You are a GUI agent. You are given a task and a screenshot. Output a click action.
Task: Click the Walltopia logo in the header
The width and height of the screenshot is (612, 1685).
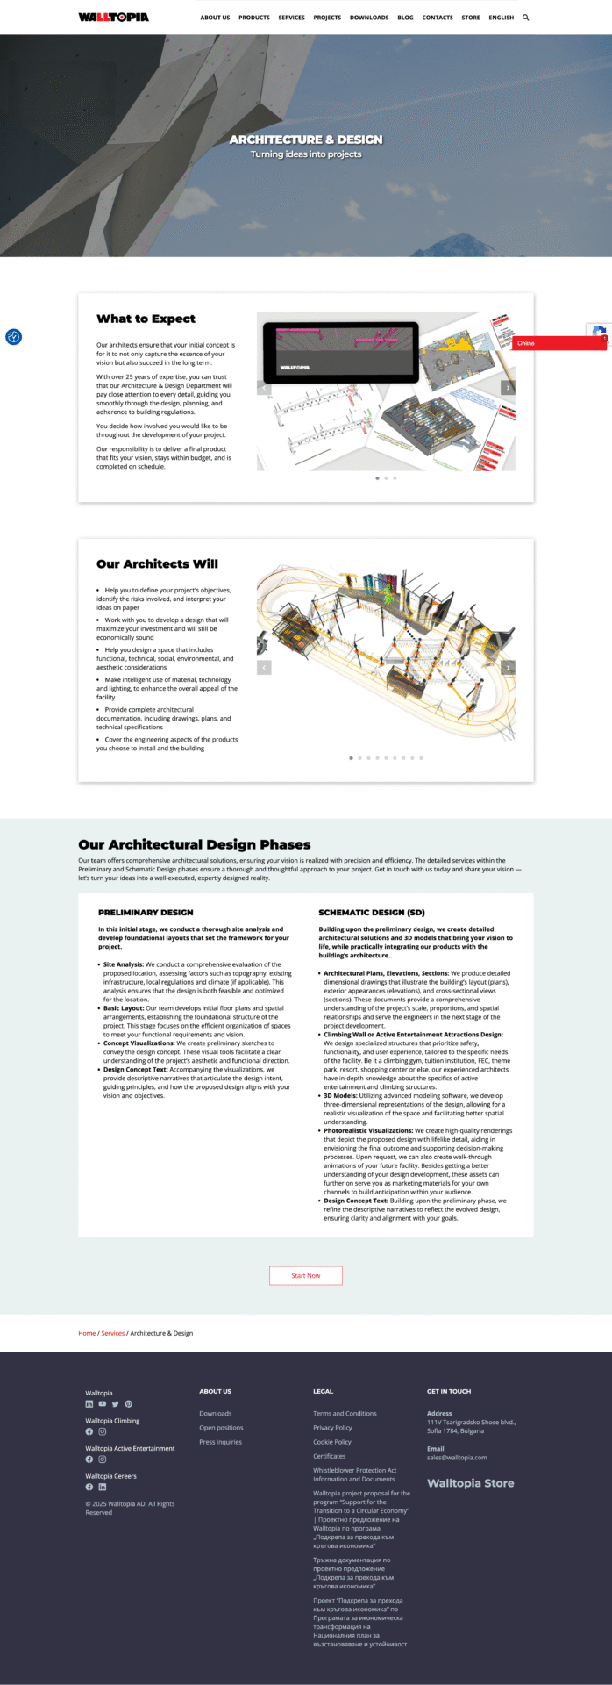113,17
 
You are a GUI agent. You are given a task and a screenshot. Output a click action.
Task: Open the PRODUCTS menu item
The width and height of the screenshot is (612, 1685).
254,18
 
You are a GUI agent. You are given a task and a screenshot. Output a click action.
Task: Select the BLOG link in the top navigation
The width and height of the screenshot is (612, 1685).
405,18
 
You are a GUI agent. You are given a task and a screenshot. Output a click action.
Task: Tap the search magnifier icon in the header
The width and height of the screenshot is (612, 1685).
526,18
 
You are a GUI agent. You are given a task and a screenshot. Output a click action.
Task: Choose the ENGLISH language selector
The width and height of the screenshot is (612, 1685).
502,18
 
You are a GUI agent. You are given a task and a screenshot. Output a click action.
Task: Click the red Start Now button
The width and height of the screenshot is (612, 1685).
306,1275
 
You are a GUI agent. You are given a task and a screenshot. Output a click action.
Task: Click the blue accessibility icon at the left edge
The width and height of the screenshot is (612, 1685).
13,337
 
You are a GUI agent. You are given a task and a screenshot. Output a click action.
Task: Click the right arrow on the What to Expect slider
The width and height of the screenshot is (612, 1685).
508,388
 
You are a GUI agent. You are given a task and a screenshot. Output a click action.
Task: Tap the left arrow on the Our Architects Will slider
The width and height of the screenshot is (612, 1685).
264,668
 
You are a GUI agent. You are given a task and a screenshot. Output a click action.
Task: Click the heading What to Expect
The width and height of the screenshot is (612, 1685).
146,319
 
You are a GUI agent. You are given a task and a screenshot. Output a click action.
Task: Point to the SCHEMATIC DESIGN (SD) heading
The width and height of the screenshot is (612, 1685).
372,913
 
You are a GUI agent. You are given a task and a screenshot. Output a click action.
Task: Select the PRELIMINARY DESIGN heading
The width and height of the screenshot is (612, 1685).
146,913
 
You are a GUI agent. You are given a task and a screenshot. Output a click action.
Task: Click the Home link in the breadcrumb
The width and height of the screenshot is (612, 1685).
87,1333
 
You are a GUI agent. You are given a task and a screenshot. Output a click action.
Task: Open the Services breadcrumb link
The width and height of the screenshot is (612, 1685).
113,1333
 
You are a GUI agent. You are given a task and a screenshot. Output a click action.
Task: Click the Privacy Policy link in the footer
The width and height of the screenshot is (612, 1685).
332,1428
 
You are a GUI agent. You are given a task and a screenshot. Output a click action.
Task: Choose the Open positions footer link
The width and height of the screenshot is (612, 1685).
221,1428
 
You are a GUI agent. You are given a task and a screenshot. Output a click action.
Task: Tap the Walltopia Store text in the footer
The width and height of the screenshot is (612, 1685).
471,1483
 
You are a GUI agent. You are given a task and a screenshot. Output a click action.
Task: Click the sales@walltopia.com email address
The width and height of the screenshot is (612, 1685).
457,1458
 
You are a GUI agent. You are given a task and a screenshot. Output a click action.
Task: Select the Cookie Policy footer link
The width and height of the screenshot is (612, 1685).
332,1442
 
